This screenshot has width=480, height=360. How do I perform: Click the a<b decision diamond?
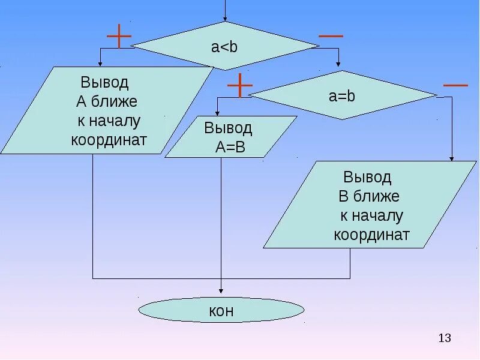(225, 46)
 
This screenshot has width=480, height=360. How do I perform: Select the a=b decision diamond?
(343, 95)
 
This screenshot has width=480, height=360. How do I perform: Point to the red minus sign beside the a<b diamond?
(331, 36)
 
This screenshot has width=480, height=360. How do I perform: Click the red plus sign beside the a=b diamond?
(240, 85)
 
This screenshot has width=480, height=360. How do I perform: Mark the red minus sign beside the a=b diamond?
(455, 85)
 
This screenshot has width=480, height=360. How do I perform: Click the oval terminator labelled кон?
(221, 311)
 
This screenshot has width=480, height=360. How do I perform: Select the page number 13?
(445, 338)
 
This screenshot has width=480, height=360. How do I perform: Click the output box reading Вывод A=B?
(230, 137)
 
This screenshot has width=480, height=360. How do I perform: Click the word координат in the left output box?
(109, 140)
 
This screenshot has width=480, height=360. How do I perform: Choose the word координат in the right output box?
(371, 235)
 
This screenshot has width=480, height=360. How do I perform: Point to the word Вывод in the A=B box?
(228, 128)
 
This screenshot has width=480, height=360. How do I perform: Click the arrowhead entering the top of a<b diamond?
(225, 19)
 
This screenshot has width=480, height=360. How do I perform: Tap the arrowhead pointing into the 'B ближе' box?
(452, 158)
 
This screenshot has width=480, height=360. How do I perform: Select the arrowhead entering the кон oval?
(221, 294)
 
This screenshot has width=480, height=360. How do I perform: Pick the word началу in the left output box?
(114, 121)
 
